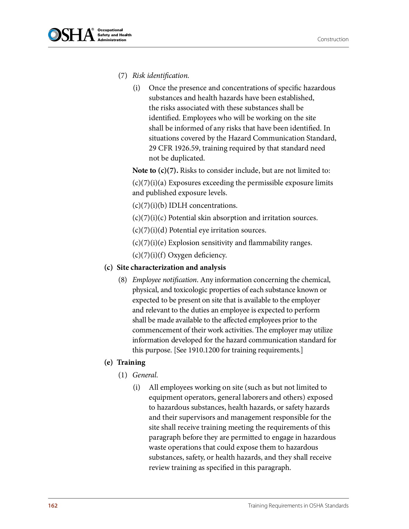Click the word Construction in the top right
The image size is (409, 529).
pos(333,39)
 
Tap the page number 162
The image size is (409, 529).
pos(53,505)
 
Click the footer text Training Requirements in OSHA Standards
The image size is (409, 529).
pos(298,505)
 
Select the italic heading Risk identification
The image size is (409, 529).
pos(161,76)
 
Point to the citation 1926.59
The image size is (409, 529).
pos(186,148)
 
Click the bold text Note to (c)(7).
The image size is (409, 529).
pos(155,170)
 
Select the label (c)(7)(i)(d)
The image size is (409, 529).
pos(149,230)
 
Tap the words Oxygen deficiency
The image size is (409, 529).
pos(197,255)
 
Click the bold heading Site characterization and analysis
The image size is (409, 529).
pos(171,267)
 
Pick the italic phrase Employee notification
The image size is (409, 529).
pos(164,280)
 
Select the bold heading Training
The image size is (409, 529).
pos(131,362)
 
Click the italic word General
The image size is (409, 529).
pos(145,375)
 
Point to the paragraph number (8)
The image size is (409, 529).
pos(123,280)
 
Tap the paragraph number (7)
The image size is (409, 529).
pos(123,76)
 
